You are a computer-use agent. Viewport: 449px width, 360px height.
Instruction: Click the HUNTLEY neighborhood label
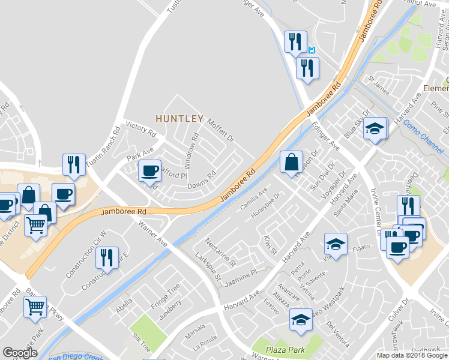179,119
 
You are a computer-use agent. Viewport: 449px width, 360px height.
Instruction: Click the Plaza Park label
287,349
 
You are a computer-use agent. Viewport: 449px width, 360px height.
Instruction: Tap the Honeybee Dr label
266,206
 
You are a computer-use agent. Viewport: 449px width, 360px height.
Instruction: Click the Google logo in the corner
20,353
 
